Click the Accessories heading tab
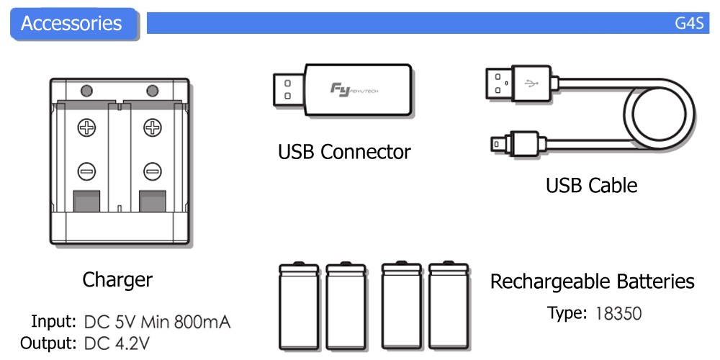click(x=71, y=23)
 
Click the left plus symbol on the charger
click(x=86, y=129)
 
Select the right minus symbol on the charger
click(x=152, y=171)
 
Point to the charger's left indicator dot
click(x=86, y=91)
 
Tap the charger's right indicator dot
click(x=152, y=91)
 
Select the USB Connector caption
click(x=344, y=152)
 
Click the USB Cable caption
click(x=591, y=185)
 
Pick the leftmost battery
click(x=298, y=305)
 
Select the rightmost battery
click(x=449, y=305)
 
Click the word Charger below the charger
click(x=117, y=279)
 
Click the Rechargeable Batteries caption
click(x=592, y=282)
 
